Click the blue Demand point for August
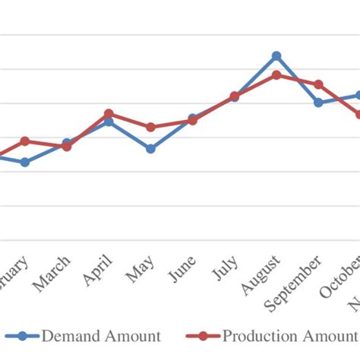click(x=276, y=55)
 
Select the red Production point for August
click(x=276, y=74)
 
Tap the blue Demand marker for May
click(x=150, y=149)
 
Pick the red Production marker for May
click(x=150, y=127)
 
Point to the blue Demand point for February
click(x=25, y=162)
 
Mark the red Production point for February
click(x=25, y=141)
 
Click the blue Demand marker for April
click(x=109, y=121)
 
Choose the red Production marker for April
click(x=109, y=113)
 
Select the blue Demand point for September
click(x=318, y=103)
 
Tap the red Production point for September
click(x=318, y=84)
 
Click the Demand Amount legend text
click(x=101, y=336)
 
